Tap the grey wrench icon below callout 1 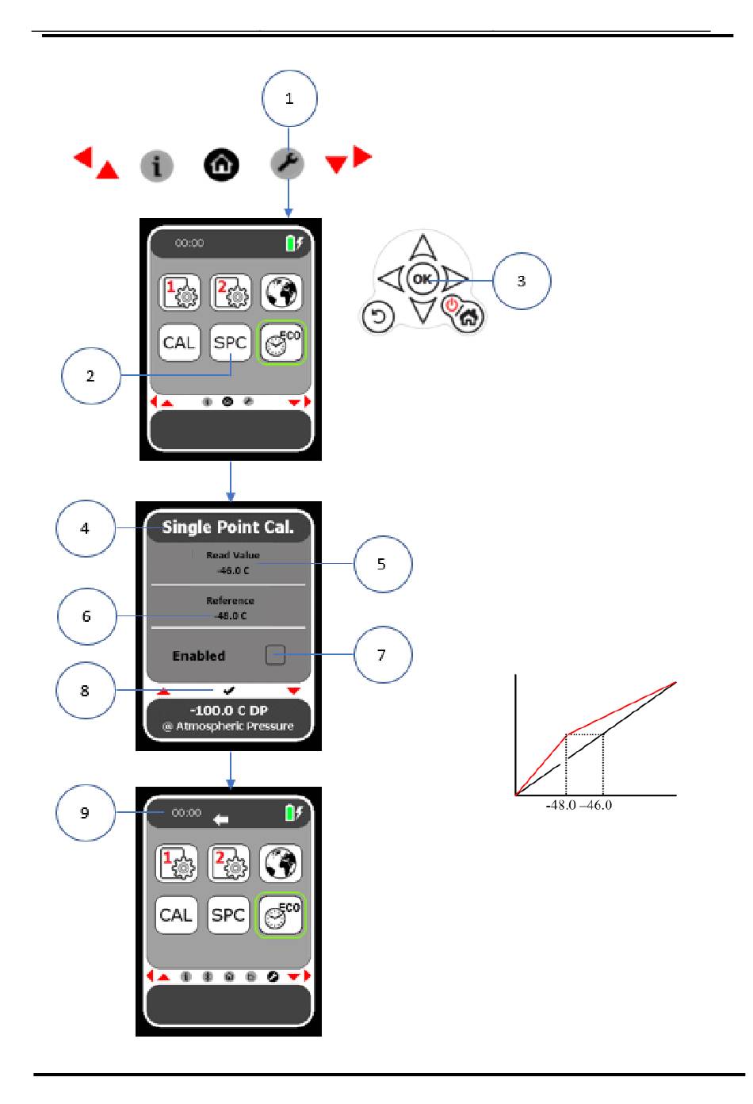point(287,163)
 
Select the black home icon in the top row point(221,165)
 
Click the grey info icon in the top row point(157,166)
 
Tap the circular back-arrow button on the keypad point(378,316)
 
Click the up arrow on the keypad point(422,247)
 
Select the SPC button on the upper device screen point(230,342)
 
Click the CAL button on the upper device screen point(179,342)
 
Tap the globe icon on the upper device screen point(281,293)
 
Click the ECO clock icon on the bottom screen point(281,914)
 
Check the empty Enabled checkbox point(275,654)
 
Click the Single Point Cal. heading point(228,527)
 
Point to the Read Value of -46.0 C point(233,570)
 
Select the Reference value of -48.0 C point(231,615)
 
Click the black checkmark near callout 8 point(228,690)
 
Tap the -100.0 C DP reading point(228,710)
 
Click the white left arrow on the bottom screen point(221,819)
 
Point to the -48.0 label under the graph point(561,805)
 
